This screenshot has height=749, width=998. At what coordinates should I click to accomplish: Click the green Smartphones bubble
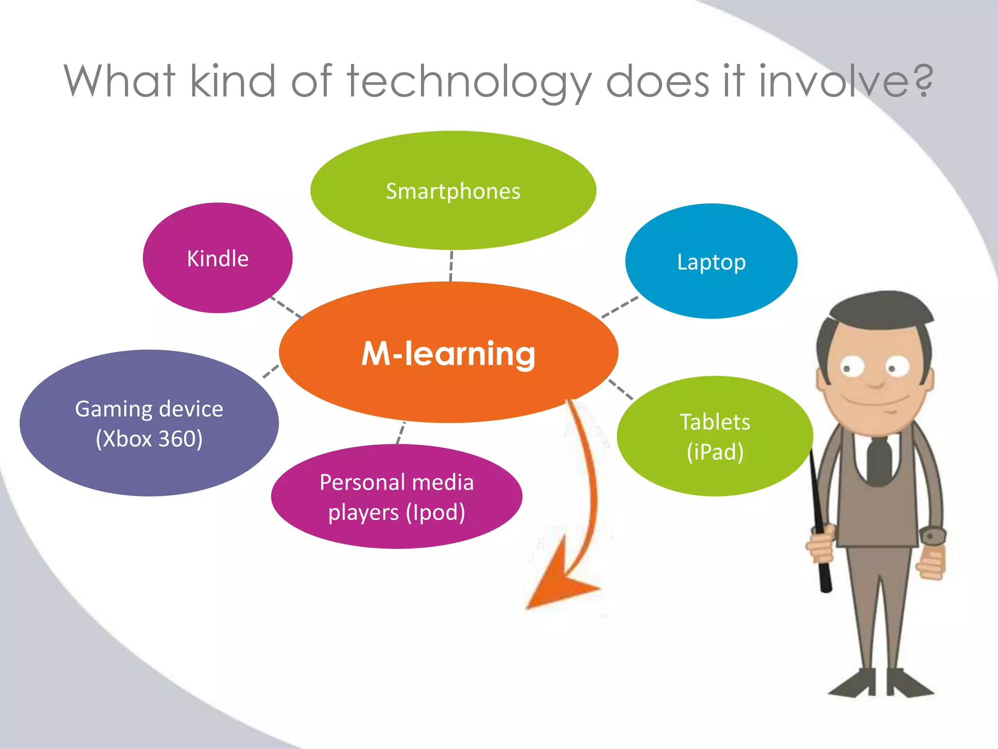pos(453,191)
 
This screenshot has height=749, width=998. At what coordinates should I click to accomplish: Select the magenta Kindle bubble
pos(217,258)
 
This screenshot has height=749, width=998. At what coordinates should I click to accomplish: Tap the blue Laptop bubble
pos(711,262)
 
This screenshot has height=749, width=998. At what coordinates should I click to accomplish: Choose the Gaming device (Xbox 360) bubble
pos(149,423)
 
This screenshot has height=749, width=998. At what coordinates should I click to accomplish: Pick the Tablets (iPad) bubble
pos(714,436)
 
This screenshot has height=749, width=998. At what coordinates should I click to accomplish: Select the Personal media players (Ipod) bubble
pos(397,496)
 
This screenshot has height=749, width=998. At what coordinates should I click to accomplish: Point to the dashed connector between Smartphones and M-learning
pos(451,266)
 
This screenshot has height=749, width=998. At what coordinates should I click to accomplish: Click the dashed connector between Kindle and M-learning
pos(287,307)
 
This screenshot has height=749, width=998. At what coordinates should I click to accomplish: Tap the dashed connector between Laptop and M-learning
pos(620,307)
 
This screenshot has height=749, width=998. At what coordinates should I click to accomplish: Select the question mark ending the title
pos(923,80)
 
